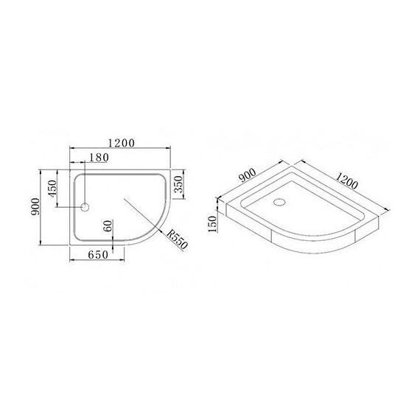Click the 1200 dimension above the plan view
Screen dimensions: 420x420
[119, 143]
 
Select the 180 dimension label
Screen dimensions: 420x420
[98, 158]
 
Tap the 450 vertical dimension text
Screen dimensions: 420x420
[52, 189]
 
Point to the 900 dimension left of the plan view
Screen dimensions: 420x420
[34, 208]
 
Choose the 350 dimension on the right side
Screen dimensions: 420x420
[179, 184]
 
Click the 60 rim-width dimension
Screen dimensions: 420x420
[108, 226]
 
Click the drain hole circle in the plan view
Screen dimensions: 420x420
[85, 207]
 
